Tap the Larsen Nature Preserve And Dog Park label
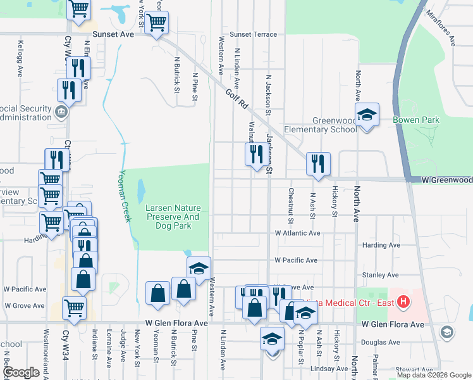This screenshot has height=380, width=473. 173,217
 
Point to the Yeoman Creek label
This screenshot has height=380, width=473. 125,197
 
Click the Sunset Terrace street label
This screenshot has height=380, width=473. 253,34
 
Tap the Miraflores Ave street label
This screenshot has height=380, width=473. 440,28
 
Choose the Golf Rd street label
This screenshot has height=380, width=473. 235,98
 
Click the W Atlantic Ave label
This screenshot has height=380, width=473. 297,233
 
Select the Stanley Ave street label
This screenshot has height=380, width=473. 379,275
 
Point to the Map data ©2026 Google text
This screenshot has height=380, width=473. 433,375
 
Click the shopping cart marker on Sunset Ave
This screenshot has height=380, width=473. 156,23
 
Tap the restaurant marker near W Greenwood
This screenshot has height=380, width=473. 317,163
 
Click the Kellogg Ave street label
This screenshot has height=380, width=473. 20,58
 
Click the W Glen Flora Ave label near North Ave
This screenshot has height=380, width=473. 392,324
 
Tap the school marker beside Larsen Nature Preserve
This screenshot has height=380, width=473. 199,269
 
